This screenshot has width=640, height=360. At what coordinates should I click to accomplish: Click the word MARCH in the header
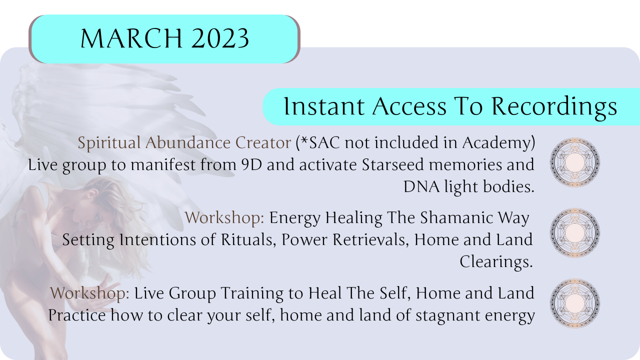pyautogui.click(x=131, y=38)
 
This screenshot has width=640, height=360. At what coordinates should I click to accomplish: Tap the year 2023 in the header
pyautogui.click(x=220, y=38)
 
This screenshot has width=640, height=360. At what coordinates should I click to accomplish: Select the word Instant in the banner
pyautogui.click(x=324, y=106)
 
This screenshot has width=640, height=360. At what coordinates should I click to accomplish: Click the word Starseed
pyautogui.click(x=393, y=164)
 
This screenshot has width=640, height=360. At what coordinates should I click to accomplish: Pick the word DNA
pyautogui.click(x=421, y=187)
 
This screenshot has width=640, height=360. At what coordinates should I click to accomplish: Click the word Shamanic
pyautogui.click(x=456, y=217)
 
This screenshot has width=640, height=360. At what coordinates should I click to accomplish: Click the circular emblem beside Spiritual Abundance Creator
pyautogui.click(x=575, y=162)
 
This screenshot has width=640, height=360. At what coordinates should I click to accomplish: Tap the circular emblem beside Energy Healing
pyautogui.click(x=575, y=233)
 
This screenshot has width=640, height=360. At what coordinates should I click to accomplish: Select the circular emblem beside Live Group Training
pyautogui.click(x=575, y=303)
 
